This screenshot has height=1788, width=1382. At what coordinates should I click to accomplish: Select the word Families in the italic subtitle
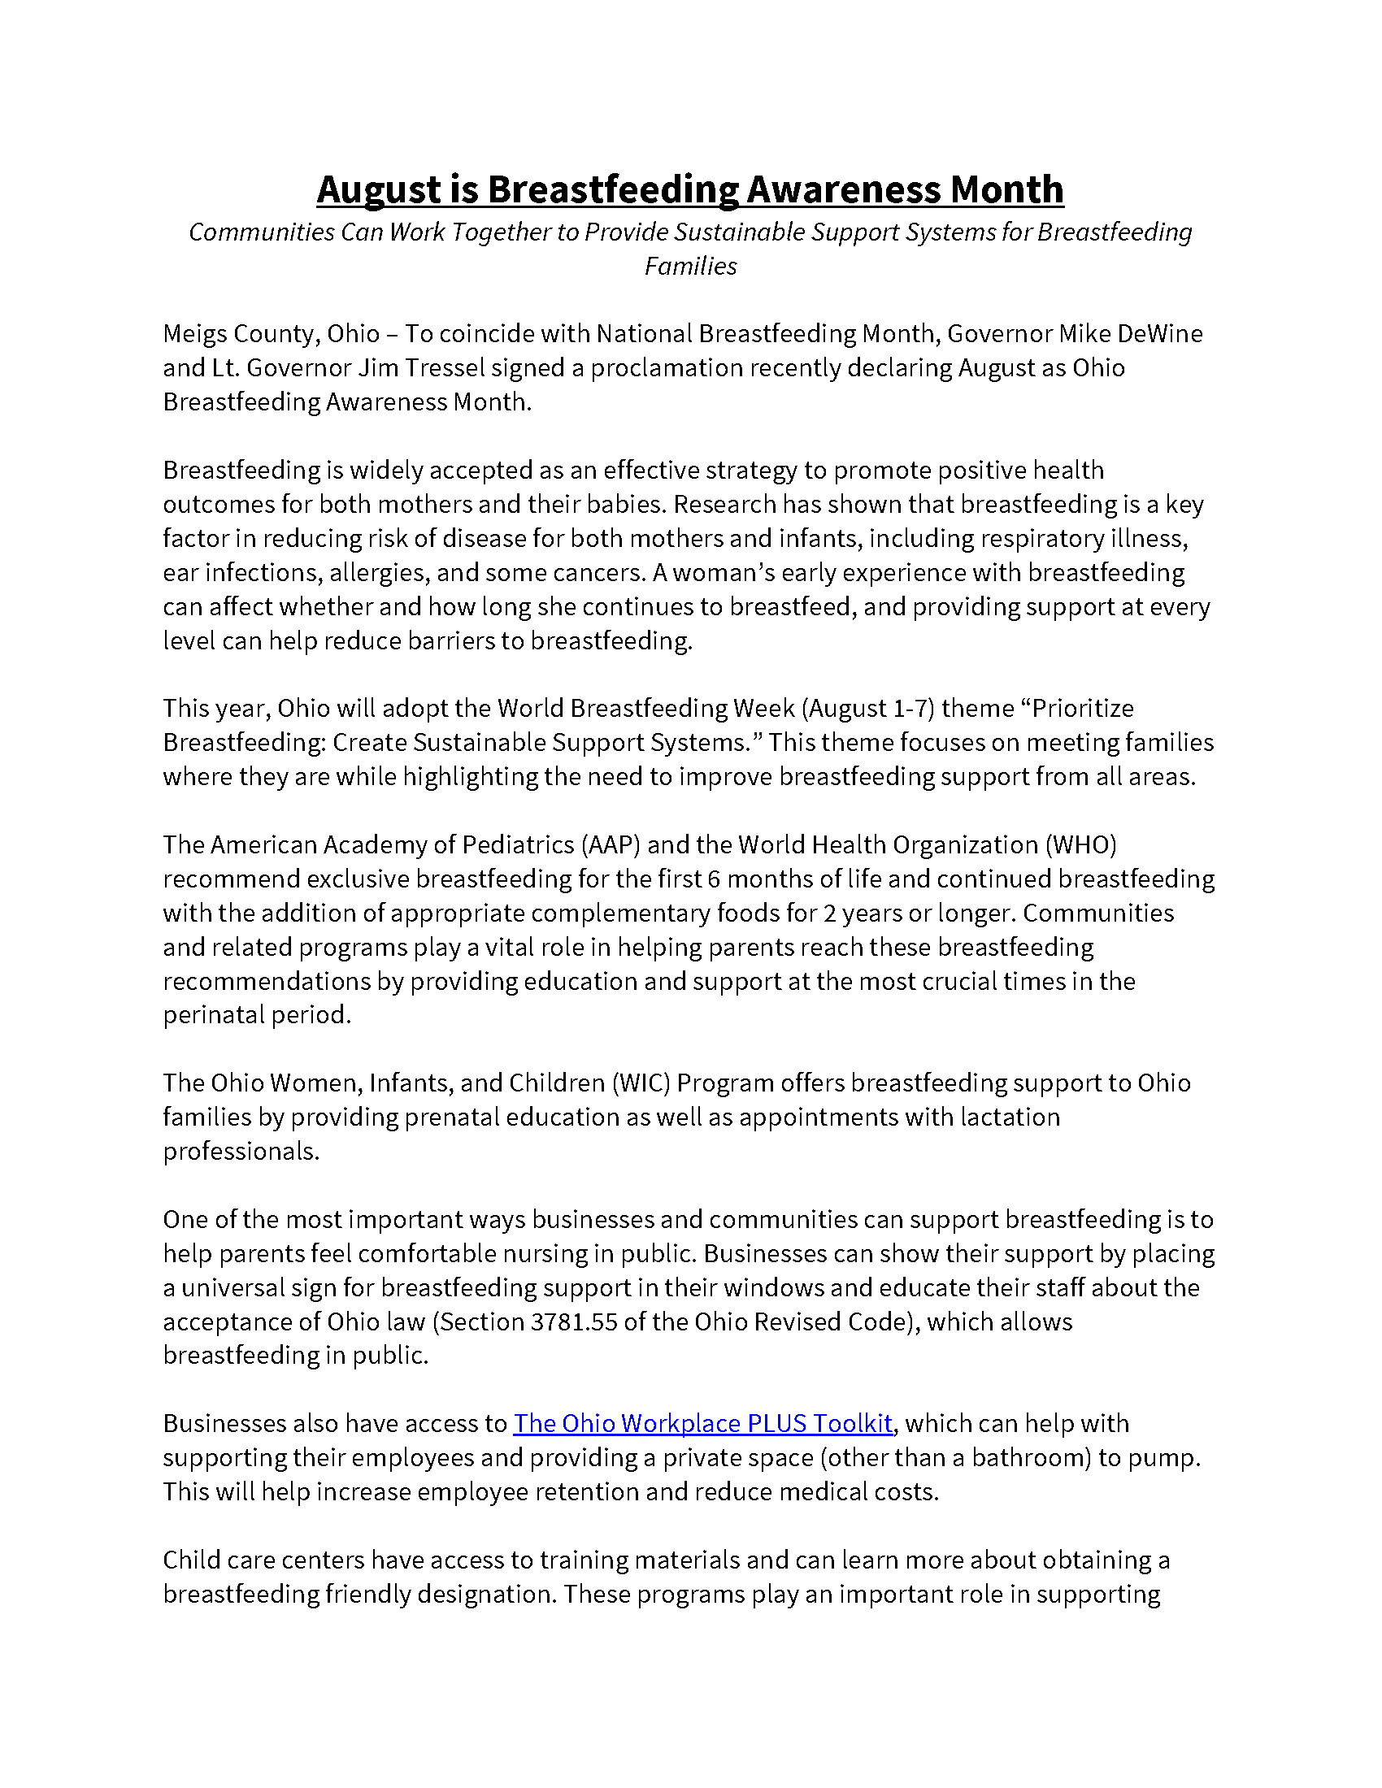[690, 266]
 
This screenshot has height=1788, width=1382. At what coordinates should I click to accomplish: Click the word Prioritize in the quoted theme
[1082, 708]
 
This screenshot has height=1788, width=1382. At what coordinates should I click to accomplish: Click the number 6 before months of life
[714, 879]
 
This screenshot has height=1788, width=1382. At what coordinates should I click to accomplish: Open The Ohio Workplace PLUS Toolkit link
[702, 1424]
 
